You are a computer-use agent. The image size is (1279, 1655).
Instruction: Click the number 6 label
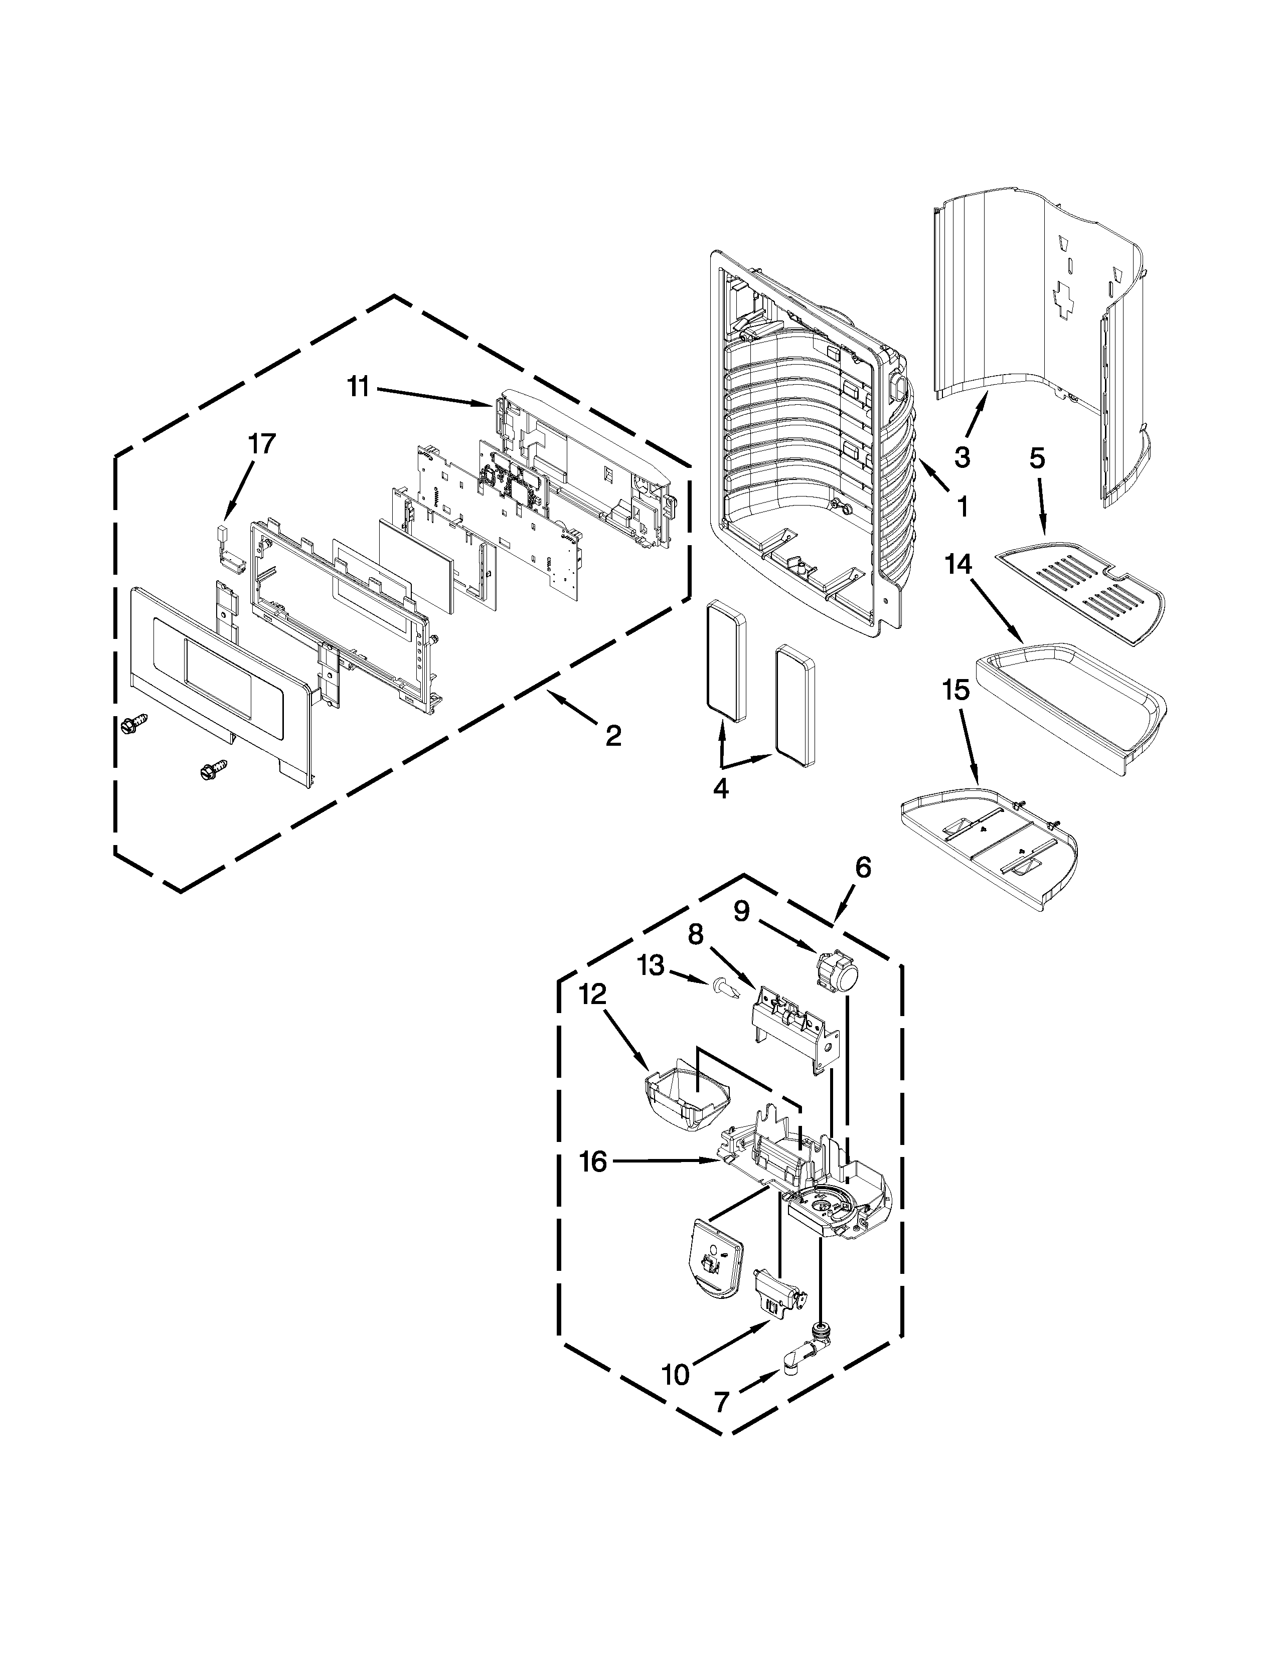pyautogui.click(x=864, y=868)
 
